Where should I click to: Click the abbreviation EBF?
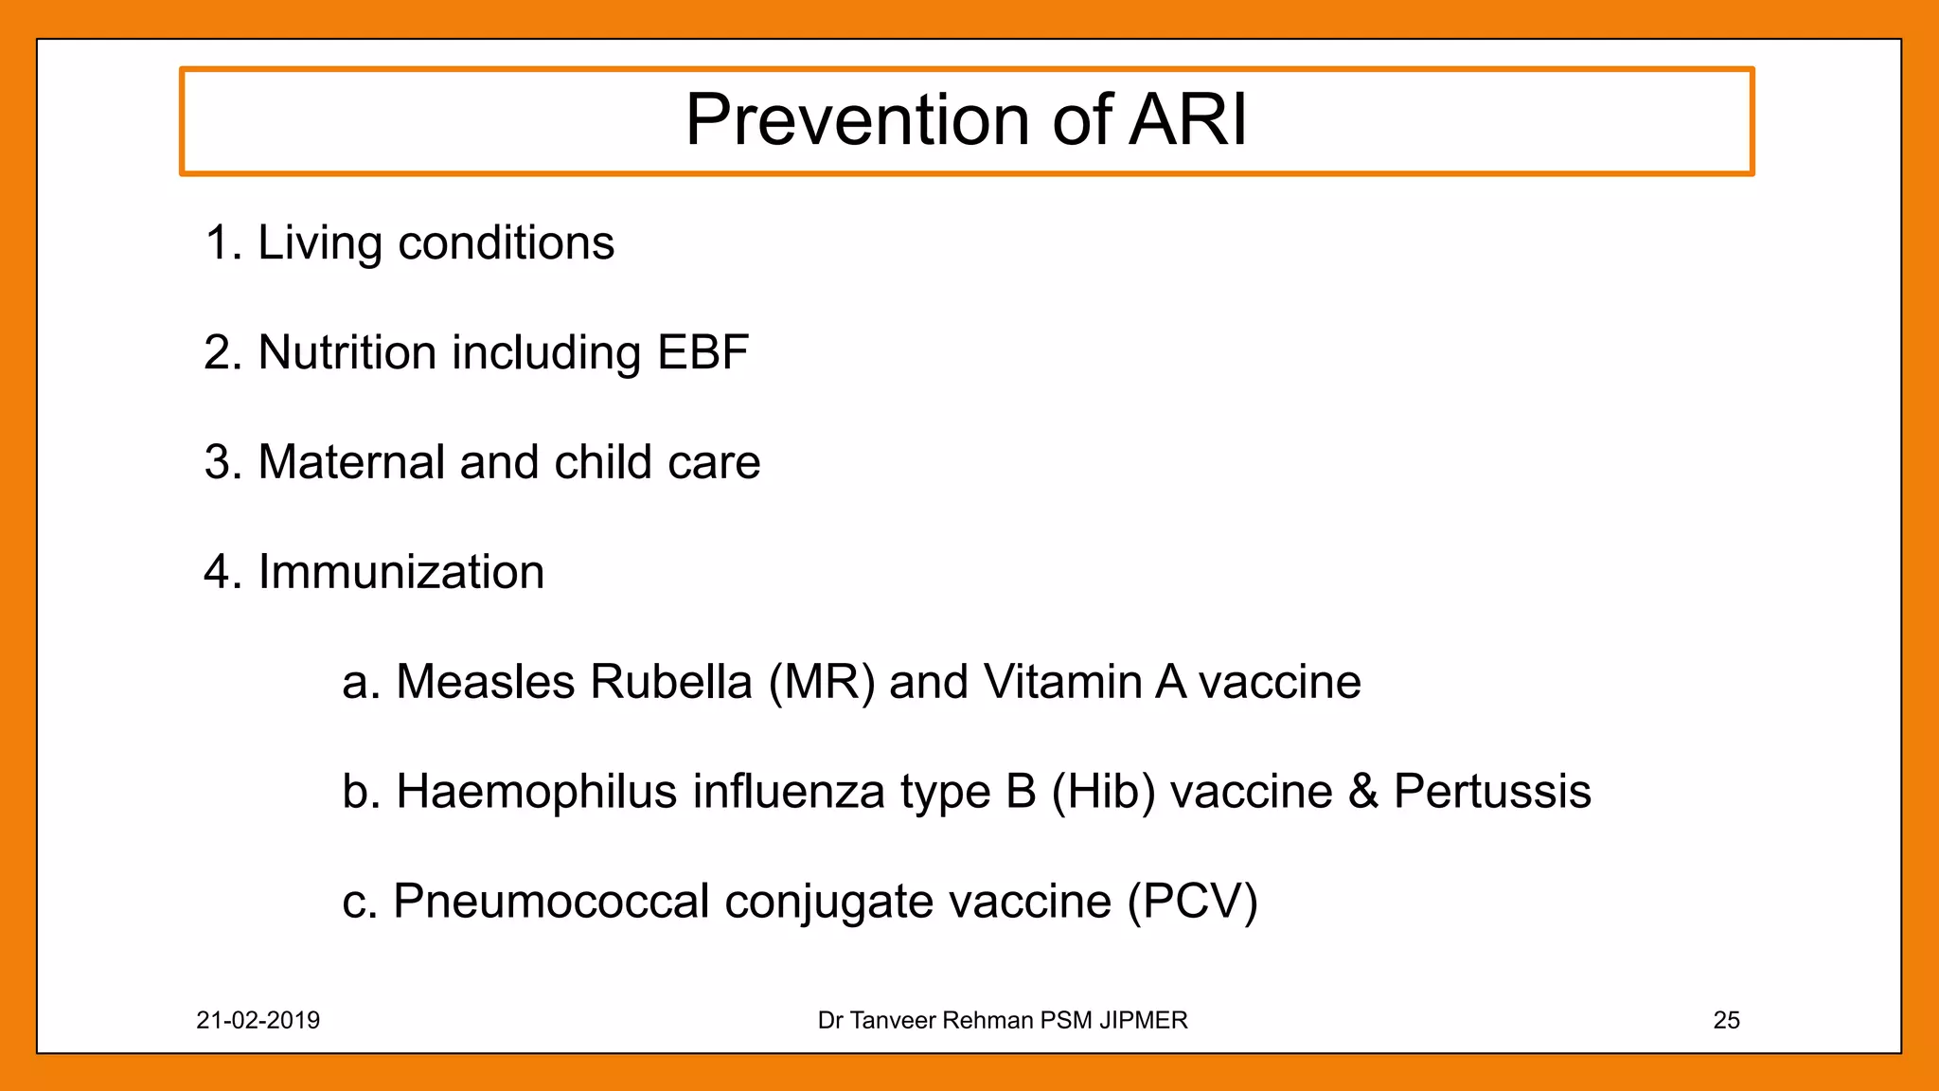click(703, 352)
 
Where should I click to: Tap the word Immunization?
click(400, 572)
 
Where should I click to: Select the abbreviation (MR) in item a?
click(822, 682)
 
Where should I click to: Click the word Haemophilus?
click(536, 792)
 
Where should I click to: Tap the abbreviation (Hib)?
click(1103, 792)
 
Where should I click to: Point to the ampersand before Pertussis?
click(1363, 792)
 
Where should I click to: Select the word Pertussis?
click(1492, 792)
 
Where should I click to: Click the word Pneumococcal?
click(551, 901)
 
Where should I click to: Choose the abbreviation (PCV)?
click(1192, 901)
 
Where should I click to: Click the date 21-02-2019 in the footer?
click(258, 1020)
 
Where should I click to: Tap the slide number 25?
click(1726, 1020)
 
